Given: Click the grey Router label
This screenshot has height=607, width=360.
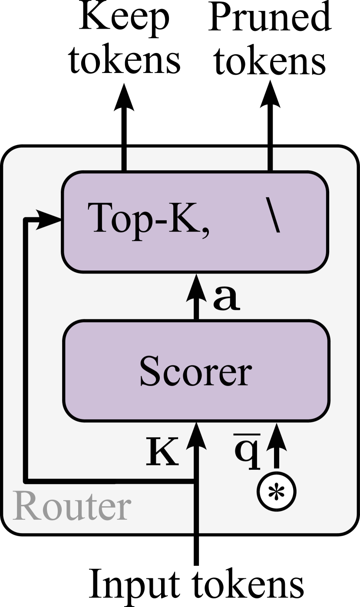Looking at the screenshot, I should (x=72, y=507).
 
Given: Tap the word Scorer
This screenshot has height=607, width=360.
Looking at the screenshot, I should (x=195, y=371).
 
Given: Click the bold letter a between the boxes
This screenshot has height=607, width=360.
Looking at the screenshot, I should (x=226, y=298).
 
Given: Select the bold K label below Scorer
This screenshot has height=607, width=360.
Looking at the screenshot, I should (x=162, y=452).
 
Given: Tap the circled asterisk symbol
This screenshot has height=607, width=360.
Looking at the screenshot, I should (x=276, y=492).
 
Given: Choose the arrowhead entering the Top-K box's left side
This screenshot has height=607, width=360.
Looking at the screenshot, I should (x=49, y=219).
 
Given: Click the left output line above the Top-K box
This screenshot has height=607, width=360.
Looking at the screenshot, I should (x=124, y=159).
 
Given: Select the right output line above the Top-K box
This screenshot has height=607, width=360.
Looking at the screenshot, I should (x=270, y=159).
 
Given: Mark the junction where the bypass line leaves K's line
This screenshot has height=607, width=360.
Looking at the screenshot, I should (x=196, y=481).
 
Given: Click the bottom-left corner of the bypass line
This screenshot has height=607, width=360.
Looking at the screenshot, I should (x=26, y=481).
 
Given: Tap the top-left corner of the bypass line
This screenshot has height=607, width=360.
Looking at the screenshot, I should (x=26, y=219).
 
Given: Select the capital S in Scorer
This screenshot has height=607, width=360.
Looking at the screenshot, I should (x=149, y=371).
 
